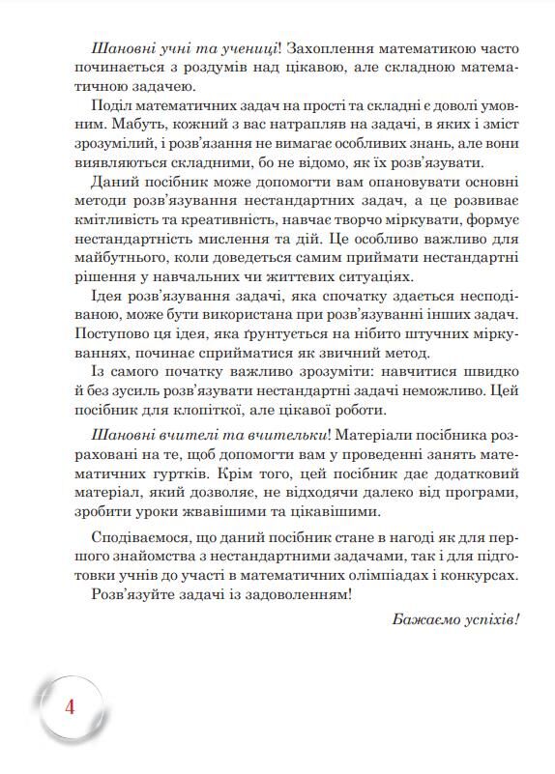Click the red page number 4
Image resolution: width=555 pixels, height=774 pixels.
68,706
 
